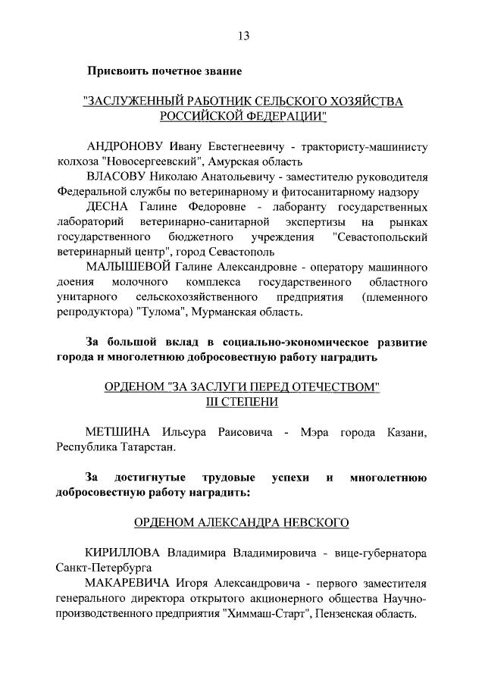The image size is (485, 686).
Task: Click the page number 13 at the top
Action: [243, 35]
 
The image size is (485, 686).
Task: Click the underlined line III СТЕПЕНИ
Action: [242, 403]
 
